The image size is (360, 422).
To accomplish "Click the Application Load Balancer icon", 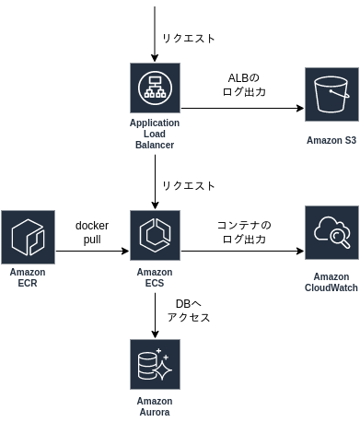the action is point(155,88).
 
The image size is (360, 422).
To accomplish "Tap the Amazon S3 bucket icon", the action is point(331,95).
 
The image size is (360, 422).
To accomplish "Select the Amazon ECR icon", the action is point(28,237).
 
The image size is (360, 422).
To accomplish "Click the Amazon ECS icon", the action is point(155,236).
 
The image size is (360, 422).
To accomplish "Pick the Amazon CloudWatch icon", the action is point(331,233).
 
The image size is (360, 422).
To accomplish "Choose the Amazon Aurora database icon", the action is point(155,365).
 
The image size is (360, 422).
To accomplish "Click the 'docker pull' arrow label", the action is point(92,232).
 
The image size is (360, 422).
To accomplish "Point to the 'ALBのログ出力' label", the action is point(244,85).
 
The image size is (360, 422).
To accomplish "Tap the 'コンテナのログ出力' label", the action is point(244,232).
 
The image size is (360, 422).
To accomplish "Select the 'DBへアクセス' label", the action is point(189,311).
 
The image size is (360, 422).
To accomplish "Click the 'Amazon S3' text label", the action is point(331,140).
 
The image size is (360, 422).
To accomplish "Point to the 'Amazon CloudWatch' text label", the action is point(331,282).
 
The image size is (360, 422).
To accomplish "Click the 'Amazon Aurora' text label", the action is point(155,406).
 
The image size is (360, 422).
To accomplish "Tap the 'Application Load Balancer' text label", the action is point(155,134).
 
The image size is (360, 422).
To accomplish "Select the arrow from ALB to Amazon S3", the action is point(242,108).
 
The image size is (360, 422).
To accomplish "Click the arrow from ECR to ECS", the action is point(92,251).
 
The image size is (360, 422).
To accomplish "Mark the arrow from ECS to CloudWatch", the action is point(242,251).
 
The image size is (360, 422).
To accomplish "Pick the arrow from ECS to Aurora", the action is point(155,316).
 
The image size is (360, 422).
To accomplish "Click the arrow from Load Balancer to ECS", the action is point(155,182).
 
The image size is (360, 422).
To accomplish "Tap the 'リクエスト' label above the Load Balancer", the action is point(189,39).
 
